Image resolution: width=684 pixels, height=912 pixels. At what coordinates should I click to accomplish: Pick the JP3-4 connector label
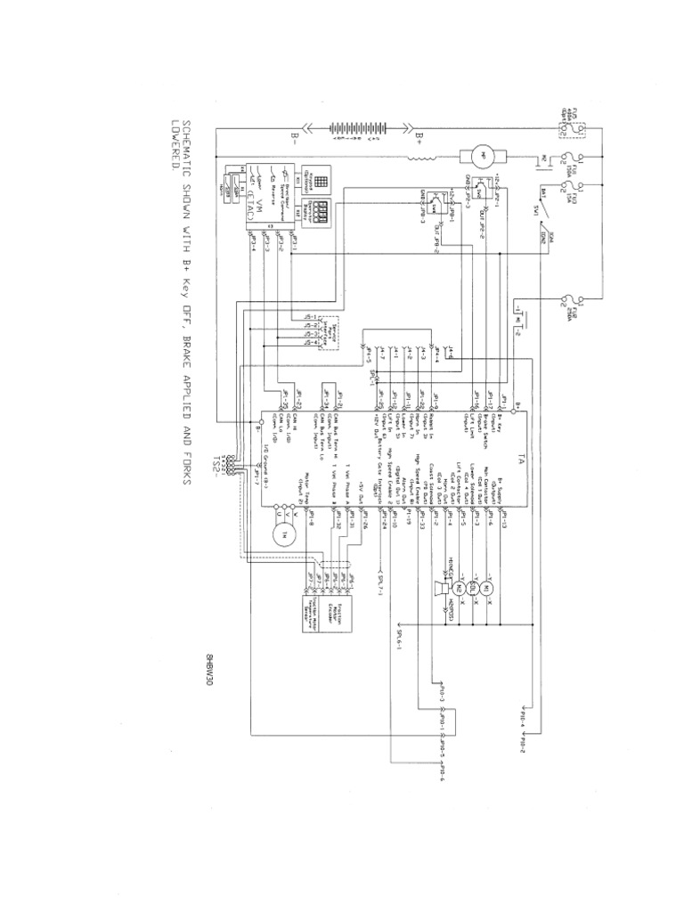[255, 244]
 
